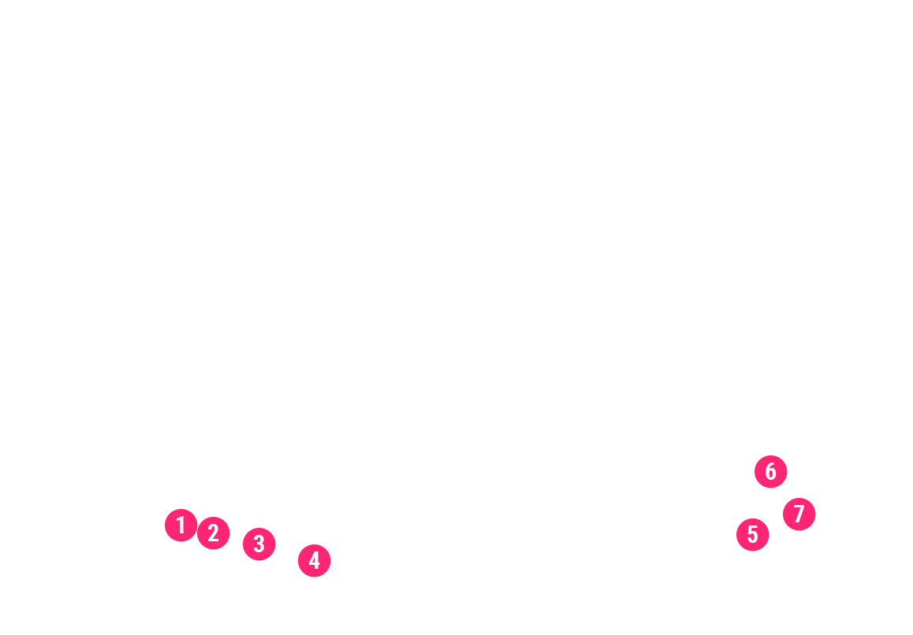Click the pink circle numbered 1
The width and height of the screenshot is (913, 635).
point(181,525)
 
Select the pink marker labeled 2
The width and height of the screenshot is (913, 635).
point(213,533)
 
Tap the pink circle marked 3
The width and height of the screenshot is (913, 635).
point(259,544)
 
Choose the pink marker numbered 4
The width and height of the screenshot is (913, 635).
point(314,560)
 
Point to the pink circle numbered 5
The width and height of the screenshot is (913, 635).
point(752,535)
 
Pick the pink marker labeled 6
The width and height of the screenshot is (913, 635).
point(770,472)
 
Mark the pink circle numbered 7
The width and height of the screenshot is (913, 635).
point(799,514)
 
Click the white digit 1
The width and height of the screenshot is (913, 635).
point(181,525)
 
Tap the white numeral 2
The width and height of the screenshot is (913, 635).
point(213,533)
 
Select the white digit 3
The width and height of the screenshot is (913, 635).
point(259,544)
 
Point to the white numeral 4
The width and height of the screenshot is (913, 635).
point(314,560)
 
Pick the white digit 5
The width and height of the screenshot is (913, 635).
point(752,535)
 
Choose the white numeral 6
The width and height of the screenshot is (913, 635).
point(770,472)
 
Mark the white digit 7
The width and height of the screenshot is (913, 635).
point(799,514)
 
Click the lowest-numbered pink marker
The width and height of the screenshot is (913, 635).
point(181,525)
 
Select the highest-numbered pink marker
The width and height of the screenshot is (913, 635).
point(799,514)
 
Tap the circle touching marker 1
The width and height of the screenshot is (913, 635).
point(213,533)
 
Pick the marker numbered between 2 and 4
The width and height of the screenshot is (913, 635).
point(259,544)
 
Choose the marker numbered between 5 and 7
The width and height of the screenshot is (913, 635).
point(770,472)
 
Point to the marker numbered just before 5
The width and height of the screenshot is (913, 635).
point(314,560)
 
